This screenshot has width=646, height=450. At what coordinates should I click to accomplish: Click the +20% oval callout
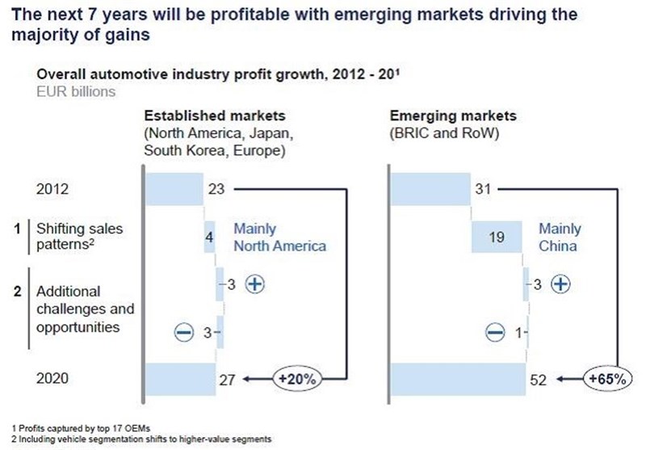click(296, 378)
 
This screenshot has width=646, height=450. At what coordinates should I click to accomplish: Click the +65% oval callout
click(607, 378)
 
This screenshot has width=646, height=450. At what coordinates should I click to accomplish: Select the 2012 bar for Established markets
click(174, 189)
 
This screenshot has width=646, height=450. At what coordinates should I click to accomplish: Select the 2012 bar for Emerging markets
click(430, 189)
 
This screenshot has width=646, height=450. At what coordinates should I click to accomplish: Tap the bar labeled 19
click(497, 237)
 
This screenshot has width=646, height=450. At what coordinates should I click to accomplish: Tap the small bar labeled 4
click(209, 237)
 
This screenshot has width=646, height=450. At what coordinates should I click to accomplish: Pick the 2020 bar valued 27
click(180, 379)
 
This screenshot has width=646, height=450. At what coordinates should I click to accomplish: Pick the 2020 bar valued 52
click(458, 379)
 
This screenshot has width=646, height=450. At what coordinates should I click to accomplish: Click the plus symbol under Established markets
click(255, 284)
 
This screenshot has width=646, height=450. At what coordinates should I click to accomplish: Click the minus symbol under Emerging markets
click(495, 332)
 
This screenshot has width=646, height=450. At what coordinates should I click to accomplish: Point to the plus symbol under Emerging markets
click(560, 284)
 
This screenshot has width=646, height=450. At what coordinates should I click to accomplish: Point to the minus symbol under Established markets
click(184, 332)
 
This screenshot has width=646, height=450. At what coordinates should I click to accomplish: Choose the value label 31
click(483, 189)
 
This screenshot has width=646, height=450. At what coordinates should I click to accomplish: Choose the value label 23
click(216, 189)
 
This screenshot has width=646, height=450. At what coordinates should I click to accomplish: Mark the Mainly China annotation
click(560, 238)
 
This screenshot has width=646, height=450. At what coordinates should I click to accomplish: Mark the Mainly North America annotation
click(279, 238)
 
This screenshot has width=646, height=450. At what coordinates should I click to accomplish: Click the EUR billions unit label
click(76, 91)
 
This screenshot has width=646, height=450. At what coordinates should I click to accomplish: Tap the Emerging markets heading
click(453, 116)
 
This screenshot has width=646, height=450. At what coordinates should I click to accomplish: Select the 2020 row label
click(52, 378)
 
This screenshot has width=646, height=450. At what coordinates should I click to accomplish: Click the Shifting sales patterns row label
click(79, 237)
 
